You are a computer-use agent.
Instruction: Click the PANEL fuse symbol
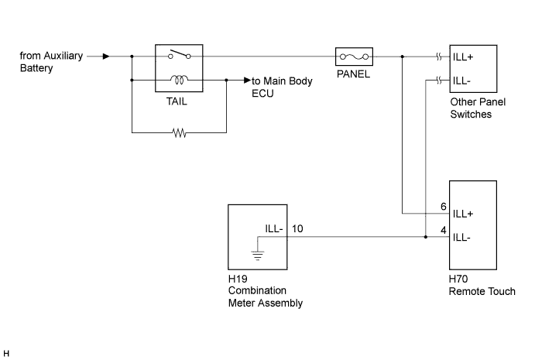(x=354, y=57)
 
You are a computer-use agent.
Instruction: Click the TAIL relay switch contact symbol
(x=179, y=55)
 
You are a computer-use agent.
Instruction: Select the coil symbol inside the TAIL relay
(x=179, y=80)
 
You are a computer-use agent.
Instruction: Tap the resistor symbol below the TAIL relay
(x=180, y=132)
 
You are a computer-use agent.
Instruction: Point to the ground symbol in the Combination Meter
(x=258, y=255)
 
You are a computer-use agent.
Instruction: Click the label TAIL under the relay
(x=177, y=101)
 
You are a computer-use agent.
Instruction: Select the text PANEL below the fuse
(x=353, y=74)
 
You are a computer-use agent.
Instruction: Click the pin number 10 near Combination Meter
(x=297, y=228)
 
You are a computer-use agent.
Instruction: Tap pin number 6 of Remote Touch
(x=443, y=207)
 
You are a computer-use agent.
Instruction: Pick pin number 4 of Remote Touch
(x=443, y=231)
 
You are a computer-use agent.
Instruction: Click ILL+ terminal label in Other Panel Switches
(x=463, y=57)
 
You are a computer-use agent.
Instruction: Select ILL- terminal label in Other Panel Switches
(x=461, y=81)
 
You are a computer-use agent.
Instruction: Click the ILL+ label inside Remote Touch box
(x=463, y=214)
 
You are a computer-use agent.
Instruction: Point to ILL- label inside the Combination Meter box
(x=274, y=228)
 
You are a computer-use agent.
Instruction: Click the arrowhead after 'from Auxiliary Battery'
(x=106, y=57)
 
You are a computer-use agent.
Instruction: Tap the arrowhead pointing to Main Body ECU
(x=248, y=81)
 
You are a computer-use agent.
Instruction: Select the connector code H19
(x=238, y=279)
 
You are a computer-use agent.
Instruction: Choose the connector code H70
(x=458, y=279)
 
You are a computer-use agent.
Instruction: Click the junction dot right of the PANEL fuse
(x=403, y=57)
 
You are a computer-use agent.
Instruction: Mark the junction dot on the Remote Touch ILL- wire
(x=426, y=237)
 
